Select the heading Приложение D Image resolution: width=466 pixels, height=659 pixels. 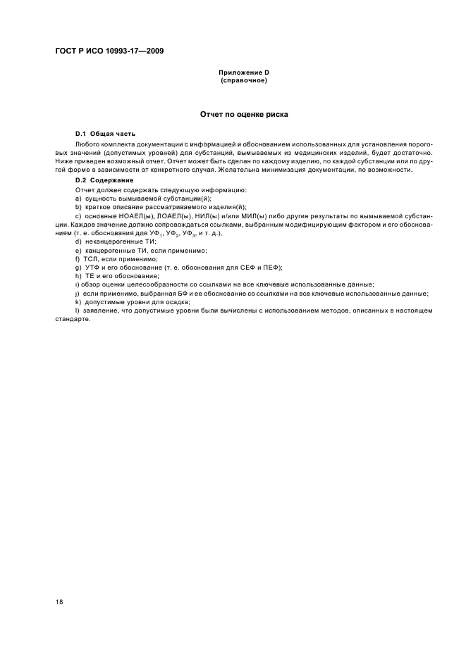point(243,73)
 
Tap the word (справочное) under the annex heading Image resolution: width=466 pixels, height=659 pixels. point(243,80)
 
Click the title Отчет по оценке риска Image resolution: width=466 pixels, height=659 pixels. point(243,113)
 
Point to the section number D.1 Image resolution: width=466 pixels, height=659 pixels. point(81,133)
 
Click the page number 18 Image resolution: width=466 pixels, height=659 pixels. point(59,602)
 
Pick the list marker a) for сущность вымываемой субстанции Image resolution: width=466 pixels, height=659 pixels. point(78,199)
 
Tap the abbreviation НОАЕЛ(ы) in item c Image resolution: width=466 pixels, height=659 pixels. point(131,215)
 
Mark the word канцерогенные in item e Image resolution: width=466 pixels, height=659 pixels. point(108,250)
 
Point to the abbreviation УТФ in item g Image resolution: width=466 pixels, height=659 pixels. point(92,268)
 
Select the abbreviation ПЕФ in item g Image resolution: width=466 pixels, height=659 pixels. point(271,268)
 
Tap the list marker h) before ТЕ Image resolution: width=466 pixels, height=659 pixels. point(78,276)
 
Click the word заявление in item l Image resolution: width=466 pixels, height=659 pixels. point(99,310)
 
